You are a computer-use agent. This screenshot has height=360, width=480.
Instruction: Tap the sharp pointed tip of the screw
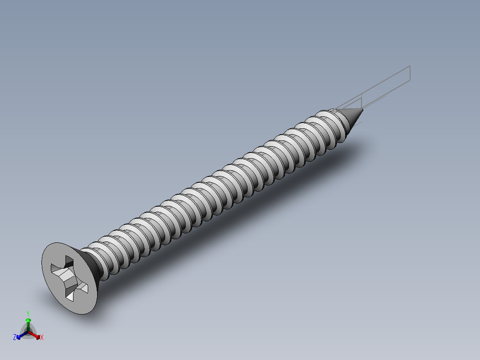(x=363, y=109)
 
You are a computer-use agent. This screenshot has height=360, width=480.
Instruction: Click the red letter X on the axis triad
(x=42, y=338)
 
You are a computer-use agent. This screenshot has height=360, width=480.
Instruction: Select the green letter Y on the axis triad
(x=28, y=313)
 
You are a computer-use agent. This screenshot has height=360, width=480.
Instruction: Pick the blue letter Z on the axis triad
(x=15, y=338)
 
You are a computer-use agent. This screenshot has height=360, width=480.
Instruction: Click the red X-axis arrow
(x=36, y=335)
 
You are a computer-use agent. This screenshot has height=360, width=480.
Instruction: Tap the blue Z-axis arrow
(x=20, y=335)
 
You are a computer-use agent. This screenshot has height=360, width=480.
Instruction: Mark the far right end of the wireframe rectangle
(x=410, y=74)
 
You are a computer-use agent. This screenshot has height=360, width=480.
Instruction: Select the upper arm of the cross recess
(x=69, y=262)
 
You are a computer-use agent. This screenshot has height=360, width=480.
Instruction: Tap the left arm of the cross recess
(x=57, y=270)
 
